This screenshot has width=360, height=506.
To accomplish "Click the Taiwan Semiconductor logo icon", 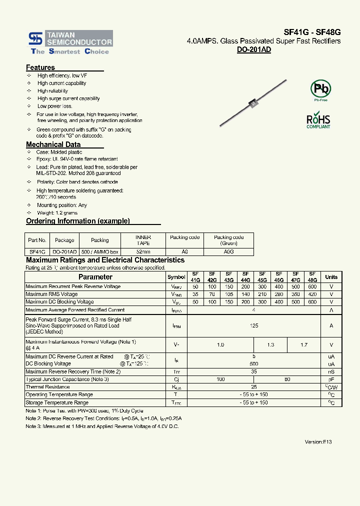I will click(35, 38).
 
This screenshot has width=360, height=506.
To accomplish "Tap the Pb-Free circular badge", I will click(320, 89).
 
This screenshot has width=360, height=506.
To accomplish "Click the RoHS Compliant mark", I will click(318, 121).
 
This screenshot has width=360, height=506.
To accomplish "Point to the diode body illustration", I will click(253, 103).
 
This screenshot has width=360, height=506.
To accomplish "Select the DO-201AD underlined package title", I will click(253, 50).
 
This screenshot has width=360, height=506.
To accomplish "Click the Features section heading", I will click(40, 67).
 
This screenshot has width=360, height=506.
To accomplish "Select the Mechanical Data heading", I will click(53, 144).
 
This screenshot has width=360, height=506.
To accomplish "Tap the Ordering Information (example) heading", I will click(77, 221).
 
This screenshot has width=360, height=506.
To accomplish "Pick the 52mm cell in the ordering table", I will click(143, 252).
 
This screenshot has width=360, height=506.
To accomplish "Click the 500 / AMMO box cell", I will click(100, 252).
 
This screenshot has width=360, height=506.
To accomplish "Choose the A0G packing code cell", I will click(228, 252).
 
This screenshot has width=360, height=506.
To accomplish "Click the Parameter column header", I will click(95, 277).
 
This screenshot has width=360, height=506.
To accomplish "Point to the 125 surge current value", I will click(254, 325).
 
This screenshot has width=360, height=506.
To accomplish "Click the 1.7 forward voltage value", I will click(303, 345).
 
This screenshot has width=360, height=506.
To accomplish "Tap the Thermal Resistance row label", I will click(47, 387).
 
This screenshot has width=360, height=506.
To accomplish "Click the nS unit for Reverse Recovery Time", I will click(331, 372).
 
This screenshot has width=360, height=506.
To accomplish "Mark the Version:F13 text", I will click(318, 442).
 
